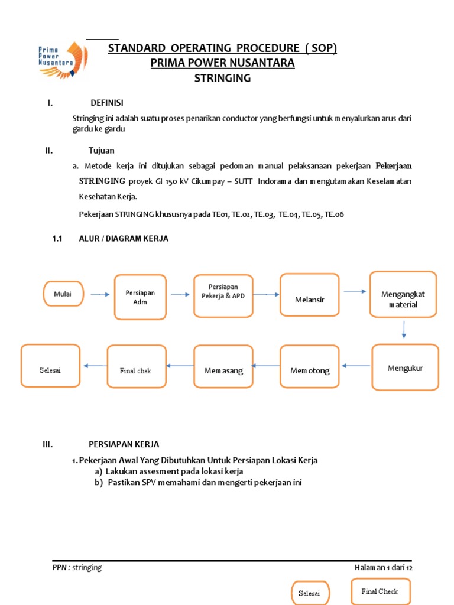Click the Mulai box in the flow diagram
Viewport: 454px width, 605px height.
click(63, 294)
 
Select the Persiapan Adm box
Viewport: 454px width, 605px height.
click(140, 297)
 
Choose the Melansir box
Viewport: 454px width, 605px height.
click(310, 299)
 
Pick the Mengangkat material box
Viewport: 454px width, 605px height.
click(403, 299)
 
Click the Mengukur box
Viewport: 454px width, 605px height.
click(405, 367)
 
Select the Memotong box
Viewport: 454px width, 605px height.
click(310, 370)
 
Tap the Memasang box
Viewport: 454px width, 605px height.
click(223, 370)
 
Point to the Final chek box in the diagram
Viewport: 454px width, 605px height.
click(136, 370)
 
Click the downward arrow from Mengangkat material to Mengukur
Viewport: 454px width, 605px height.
click(404, 329)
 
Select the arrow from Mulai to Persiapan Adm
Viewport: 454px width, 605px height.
click(99, 294)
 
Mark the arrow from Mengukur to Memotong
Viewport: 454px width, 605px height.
click(356, 366)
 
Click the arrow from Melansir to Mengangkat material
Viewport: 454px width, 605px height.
click(355, 291)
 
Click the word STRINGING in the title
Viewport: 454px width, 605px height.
click(222, 78)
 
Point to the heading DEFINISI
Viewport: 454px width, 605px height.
click(107, 103)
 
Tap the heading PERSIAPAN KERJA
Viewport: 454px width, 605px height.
click(124, 444)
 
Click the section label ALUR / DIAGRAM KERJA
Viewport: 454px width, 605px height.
click(124, 239)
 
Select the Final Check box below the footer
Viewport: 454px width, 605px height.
click(380, 591)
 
